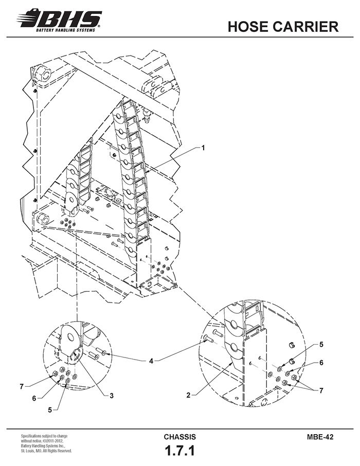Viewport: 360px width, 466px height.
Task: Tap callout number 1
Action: click(x=203, y=148)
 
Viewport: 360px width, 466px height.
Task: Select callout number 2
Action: click(x=188, y=395)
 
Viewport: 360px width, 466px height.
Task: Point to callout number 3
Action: click(x=112, y=396)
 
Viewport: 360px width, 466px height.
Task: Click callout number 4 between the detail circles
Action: click(x=151, y=361)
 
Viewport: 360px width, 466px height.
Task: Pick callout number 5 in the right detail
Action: click(x=321, y=345)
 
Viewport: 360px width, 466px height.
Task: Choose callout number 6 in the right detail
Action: click(x=321, y=363)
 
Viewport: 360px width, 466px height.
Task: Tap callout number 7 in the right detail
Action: click(x=321, y=390)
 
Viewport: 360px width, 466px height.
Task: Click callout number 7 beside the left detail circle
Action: click(x=22, y=387)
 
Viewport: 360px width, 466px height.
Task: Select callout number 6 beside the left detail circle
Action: click(x=34, y=398)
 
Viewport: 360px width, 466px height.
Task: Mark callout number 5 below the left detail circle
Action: click(x=50, y=410)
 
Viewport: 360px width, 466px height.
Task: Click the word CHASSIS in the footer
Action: click(x=180, y=437)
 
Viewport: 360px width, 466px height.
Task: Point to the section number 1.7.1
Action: click(x=180, y=451)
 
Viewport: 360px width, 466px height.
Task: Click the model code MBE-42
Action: click(x=320, y=437)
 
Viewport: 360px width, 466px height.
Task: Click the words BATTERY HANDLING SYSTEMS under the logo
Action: click(x=66, y=30)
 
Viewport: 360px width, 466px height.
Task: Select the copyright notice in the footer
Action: click(x=46, y=443)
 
